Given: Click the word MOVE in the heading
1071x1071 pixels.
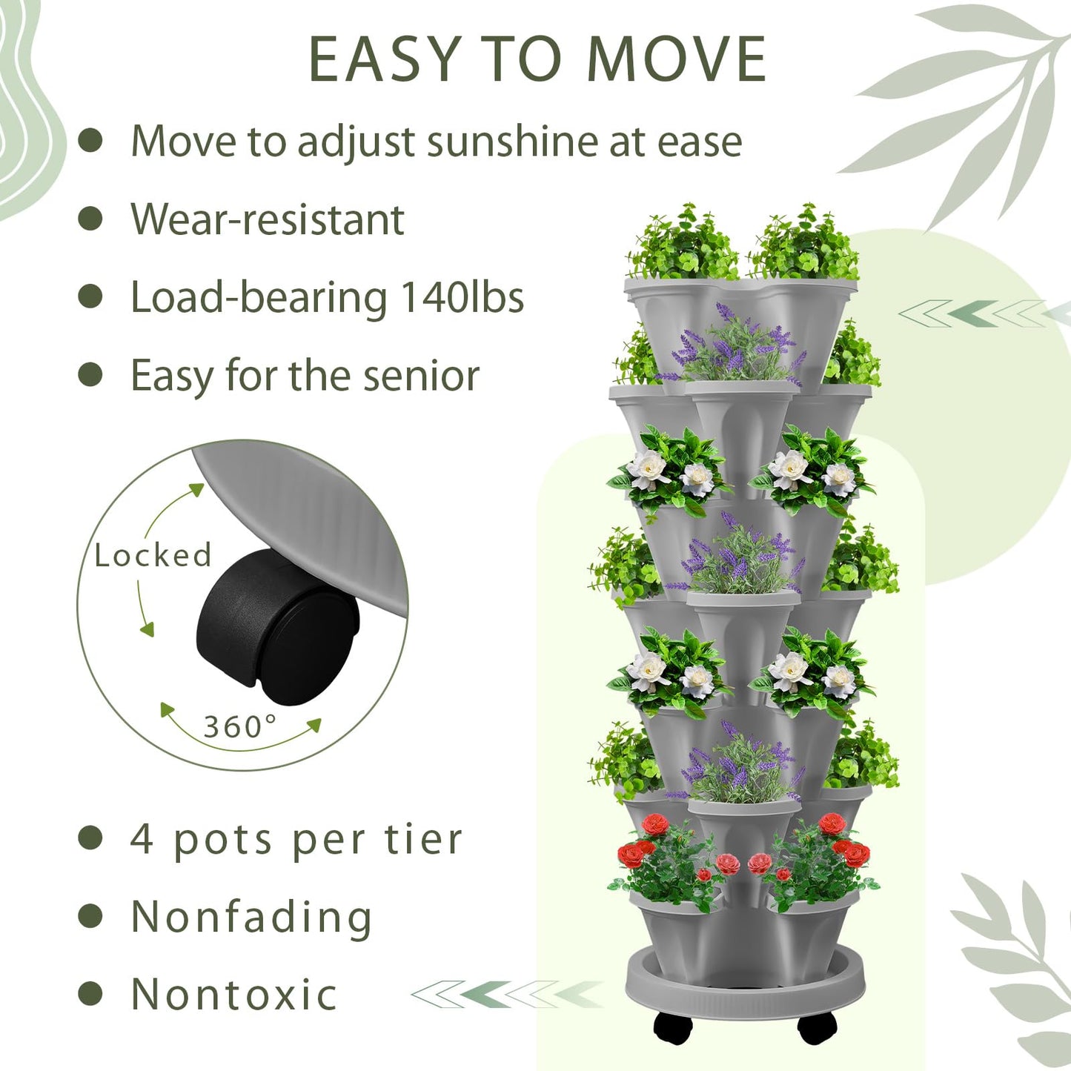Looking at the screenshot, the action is (677, 59).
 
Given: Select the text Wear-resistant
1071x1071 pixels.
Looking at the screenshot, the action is (268, 219).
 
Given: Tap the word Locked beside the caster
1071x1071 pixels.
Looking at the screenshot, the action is (153, 554).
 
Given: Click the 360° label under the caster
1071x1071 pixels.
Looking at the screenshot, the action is (240, 726).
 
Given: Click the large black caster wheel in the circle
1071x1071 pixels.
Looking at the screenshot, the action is (276, 626).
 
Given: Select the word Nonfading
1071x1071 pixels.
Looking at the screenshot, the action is (251, 917).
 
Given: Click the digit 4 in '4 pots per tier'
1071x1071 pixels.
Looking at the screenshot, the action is (142, 839).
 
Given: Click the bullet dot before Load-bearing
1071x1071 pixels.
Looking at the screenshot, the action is (90, 296).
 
